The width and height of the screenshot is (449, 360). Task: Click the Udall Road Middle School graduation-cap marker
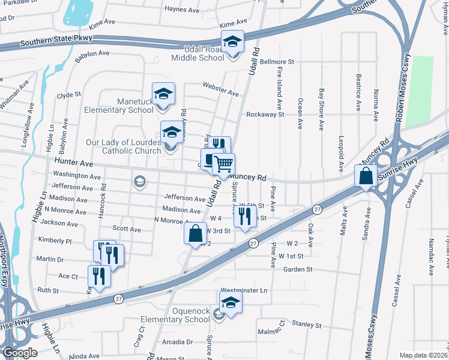tap(233, 42)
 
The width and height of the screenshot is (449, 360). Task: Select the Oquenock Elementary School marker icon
tap(231, 305)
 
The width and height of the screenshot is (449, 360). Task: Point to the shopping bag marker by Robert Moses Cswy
tap(366, 176)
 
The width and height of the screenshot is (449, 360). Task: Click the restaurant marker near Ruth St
tap(98, 277)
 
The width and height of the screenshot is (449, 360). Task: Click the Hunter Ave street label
tap(73, 163)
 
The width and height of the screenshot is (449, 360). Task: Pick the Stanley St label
tap(307, 324)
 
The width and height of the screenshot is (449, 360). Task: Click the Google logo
tap(19, 352)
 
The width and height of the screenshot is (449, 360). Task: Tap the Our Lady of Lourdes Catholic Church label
tap(124, 146)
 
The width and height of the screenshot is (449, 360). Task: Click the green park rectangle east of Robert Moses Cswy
tap(419, 91)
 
